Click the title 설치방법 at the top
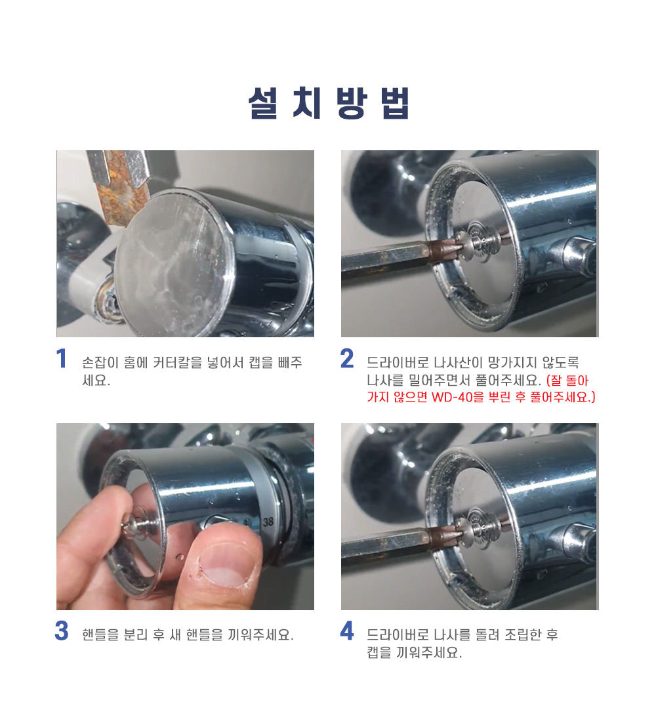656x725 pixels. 328,102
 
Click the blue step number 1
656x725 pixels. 61,359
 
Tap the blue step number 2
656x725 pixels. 347,359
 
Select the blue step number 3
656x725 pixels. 62,631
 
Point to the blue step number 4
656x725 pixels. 347,631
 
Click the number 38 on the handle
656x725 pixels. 268,522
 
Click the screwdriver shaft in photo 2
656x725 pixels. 393,260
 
